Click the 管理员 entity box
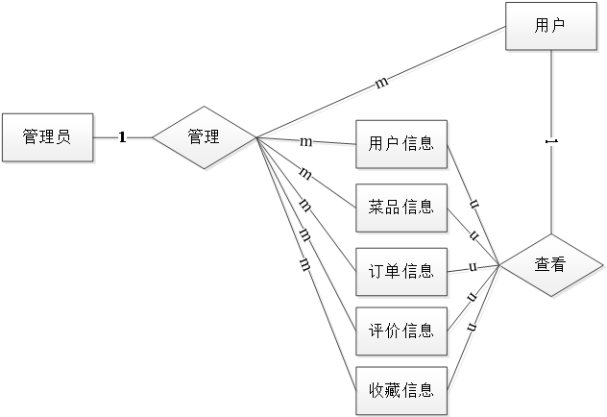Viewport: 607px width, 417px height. coord(47,137)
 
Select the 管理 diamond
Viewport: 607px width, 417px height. coord(204,137)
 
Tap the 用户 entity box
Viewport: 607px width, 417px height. coord(549,26)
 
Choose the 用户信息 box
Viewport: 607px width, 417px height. coord(401,145)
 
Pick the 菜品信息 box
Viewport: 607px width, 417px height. coord(401,207)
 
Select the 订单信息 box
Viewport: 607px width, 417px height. coord(401,270)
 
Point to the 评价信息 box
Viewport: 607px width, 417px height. coord(401,331)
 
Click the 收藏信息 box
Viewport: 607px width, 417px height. coord(401,390)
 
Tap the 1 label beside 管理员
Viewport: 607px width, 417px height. coord(122,137)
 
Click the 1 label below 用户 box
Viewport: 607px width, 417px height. coord(550,142)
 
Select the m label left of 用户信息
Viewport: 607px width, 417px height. coord(305,142)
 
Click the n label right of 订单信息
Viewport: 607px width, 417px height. coord(473,266)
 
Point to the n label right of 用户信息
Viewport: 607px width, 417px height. coord(473,204)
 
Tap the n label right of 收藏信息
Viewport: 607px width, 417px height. coord(473,328)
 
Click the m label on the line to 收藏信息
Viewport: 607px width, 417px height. coord(303,262)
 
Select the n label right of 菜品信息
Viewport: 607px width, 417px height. coord(473,234)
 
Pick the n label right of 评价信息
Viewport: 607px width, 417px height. coord(473,297)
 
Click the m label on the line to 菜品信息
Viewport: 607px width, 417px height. coord(304,174)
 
